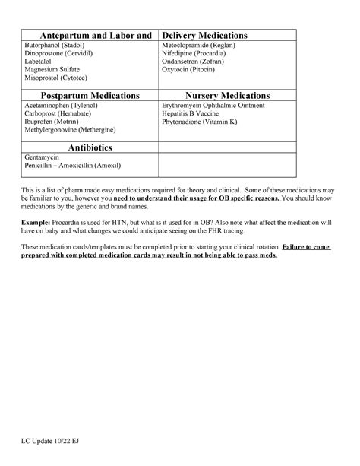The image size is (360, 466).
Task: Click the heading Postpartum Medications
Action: click(x=90, y=96)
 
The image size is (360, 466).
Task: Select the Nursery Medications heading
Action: click(x=227, y=96)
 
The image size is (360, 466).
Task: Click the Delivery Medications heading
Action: click(x=205, y=36)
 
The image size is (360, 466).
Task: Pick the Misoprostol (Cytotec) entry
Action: click(x=56, y=78)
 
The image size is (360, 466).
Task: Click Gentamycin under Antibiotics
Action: click(x=43, y=157)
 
